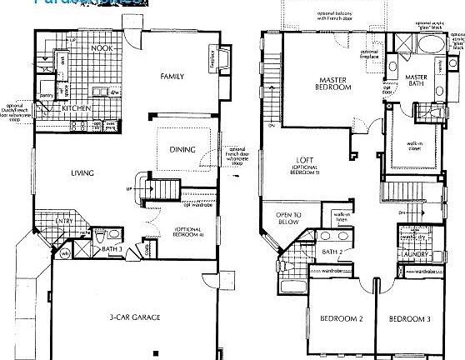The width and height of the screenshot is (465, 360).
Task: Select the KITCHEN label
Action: pos(77,108)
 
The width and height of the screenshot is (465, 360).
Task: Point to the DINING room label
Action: pos(182,150)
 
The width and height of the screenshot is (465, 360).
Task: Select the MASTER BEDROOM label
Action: pos(336,86)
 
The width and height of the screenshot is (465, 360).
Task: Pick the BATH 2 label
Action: pos(332,251)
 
